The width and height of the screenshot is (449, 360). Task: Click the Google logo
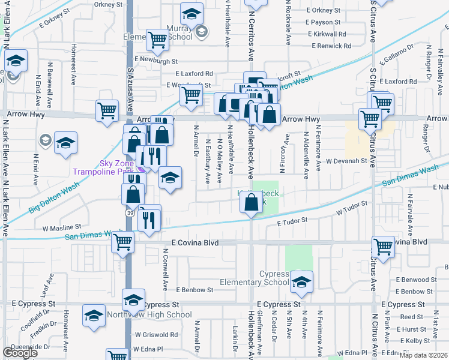pos(20,353)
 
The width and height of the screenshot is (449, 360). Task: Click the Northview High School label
pos(149,314)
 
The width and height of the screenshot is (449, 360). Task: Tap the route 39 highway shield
pos(129,212)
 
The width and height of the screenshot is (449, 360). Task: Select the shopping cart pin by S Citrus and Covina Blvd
pos(383,246)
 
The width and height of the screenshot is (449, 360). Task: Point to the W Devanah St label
pos(346,161)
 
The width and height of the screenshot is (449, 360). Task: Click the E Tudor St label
pos(292,223)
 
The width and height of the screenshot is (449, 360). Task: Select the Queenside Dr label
pos(26,347)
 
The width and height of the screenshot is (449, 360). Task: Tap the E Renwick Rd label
pos(331,46)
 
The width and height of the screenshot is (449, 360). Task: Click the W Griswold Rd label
pos(156,335)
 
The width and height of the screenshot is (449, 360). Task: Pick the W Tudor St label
pos(351,211)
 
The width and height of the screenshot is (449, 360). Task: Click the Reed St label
pos(412,317)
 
